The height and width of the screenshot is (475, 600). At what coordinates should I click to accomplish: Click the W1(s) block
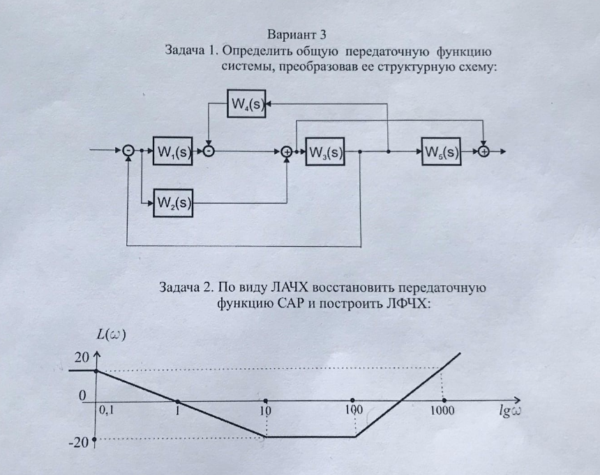[173, 151]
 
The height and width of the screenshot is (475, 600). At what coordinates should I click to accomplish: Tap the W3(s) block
[325, 151]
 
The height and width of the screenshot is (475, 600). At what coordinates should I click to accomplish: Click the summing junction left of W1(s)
[128, 151]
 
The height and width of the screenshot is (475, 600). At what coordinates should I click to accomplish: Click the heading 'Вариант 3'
[297, 35]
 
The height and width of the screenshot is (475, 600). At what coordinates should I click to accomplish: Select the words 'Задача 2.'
[188, 287]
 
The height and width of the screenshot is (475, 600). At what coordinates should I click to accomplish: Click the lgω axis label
[511, 410]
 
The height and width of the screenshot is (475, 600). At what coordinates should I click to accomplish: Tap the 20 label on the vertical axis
[82, 358]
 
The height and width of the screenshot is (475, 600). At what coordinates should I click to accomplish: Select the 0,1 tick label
[107, 411]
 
